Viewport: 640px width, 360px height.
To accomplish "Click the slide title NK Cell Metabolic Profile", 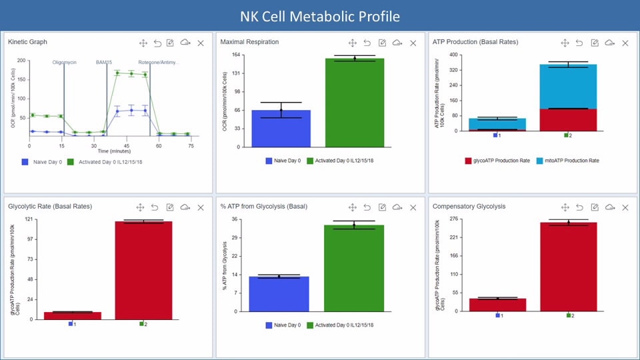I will click(320, 15).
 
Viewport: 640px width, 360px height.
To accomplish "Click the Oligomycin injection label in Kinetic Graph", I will click(65, 62).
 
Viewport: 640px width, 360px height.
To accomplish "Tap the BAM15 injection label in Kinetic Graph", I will click(105, 62).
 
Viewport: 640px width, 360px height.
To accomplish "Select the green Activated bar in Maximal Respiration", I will click(355, 103).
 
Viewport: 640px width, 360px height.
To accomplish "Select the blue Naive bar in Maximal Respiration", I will click(281, 128).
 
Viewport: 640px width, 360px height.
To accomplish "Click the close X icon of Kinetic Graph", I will click(201, 43).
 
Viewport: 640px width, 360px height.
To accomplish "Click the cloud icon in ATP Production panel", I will click(609, 43).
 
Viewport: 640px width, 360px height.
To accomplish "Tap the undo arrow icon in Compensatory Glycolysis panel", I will click(579, 207).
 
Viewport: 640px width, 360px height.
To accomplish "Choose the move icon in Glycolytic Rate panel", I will click(141, 207).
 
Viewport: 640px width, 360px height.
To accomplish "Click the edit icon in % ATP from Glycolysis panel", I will click(382, 207).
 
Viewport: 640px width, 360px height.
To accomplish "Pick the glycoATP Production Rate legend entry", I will click(496, 161).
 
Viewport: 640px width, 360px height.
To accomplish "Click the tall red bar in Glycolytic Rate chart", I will click(143, 270).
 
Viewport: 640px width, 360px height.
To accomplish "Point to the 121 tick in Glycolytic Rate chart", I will click(29, 219).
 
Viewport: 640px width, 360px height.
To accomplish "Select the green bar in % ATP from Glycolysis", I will click(354, 268).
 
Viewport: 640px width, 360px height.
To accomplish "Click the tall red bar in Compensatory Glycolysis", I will click(569, 267).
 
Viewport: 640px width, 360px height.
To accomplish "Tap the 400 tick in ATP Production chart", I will click(454, 55).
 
